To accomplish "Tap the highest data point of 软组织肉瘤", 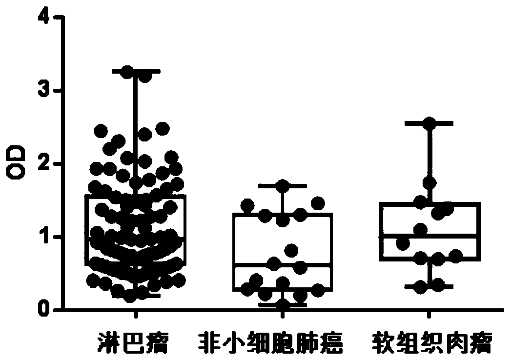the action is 429,124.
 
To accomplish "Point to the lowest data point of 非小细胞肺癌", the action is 283,304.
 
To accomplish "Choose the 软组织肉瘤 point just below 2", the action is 429,183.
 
